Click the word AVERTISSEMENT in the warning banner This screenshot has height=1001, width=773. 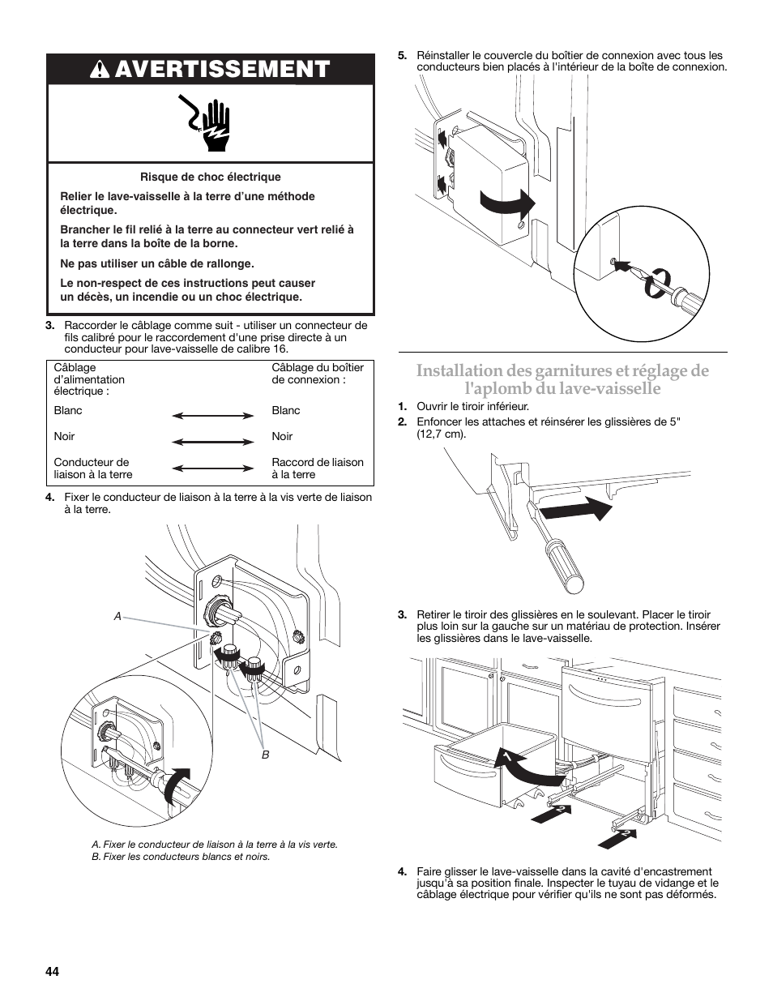point(222,70)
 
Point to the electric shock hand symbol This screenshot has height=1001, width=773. point(210,124)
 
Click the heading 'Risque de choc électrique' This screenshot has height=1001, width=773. point(211,177)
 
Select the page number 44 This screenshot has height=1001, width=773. point(53,972)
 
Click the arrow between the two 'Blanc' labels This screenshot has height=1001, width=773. point(213,416)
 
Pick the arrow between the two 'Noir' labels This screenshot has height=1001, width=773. point(213,442)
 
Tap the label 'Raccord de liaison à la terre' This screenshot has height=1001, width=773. point(318,468)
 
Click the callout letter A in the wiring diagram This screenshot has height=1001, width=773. point(117,617)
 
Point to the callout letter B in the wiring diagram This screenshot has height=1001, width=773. point(264,755)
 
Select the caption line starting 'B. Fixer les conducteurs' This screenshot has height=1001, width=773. point(181,857)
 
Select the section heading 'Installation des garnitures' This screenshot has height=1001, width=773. point(562,379)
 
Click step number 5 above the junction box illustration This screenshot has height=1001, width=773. point(401,56)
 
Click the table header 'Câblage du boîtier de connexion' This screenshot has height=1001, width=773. point(318,373)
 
